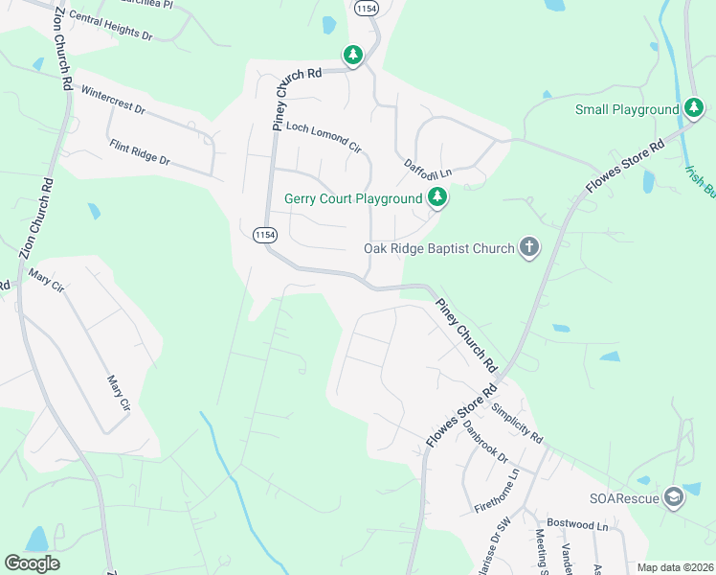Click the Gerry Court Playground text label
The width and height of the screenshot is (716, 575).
tap(353, 199)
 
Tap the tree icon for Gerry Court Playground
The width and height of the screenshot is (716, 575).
tap(437, 198)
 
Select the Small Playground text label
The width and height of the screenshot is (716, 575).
tap(627, 109)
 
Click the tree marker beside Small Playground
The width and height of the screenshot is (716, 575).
tap(694, 108)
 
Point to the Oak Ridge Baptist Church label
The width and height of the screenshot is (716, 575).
tap(439, 249)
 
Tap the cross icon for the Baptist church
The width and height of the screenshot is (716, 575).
tap(528, 248)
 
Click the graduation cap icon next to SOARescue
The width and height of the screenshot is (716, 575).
tap(674, 497)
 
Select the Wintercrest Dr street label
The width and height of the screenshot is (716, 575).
tap(114, 102)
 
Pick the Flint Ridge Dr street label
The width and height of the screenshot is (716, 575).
tap(140, 153)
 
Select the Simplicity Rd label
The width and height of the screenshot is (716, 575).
tap(518, 424)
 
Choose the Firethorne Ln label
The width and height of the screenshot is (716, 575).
tap(497, 491)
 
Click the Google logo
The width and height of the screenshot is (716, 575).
tap(32, 563)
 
